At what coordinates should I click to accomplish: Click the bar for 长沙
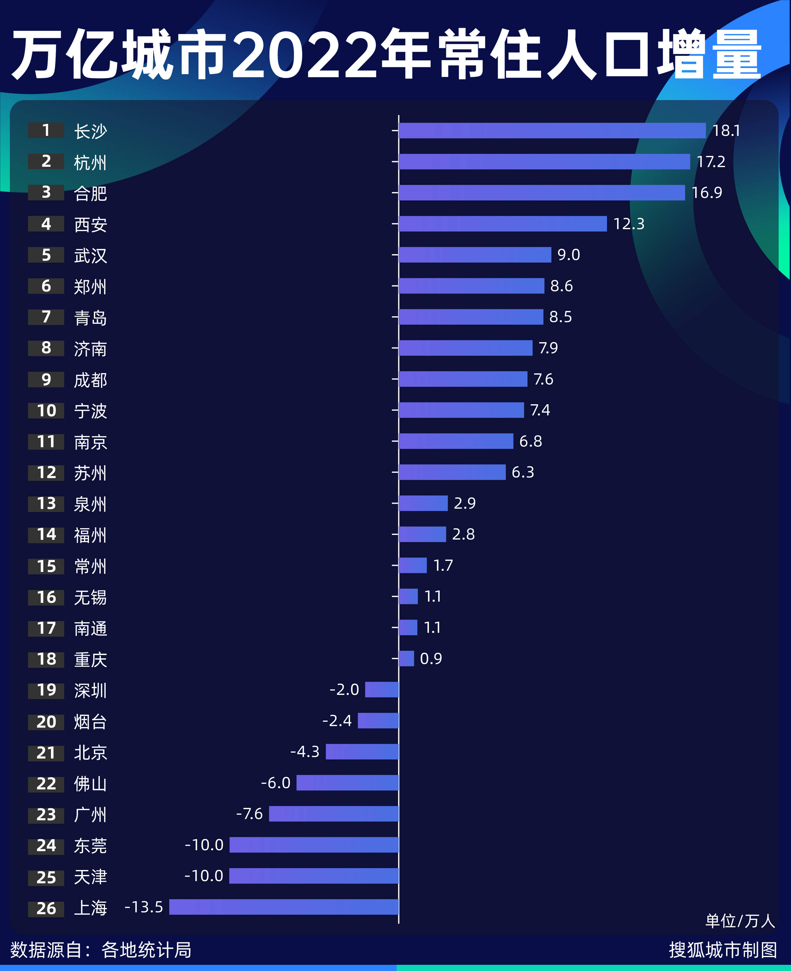552,131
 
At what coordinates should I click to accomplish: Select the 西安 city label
90,225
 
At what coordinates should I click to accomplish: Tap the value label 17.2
710,162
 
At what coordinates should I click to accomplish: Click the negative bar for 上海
284,907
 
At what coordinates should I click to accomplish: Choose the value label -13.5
144,907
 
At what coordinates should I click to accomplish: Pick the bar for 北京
362,751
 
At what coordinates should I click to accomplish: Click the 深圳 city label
90,691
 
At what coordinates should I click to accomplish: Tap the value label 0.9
431,658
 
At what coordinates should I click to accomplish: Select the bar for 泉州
423,503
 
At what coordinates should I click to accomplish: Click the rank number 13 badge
46,503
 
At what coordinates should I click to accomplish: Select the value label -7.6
249,813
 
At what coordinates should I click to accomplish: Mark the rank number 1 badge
46,130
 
